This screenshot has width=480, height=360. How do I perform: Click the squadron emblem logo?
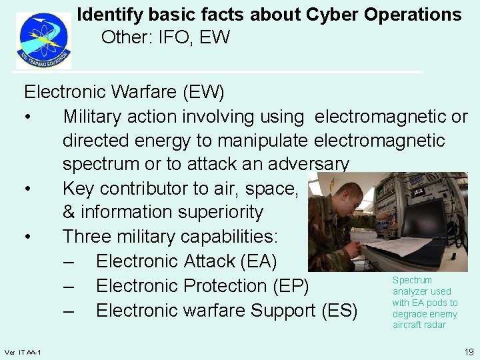click(43, 40)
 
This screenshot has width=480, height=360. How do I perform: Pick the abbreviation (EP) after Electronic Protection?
click(291, 286)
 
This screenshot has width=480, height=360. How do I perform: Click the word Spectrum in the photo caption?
click(412, 281)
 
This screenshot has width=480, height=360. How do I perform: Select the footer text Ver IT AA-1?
click(22, 352)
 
